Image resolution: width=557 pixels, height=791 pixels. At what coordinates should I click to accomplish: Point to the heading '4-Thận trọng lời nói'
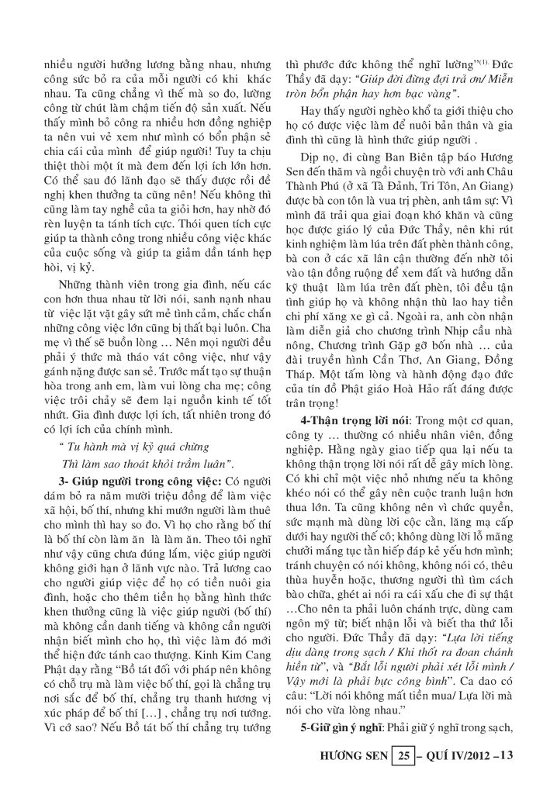pos(347,420)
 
